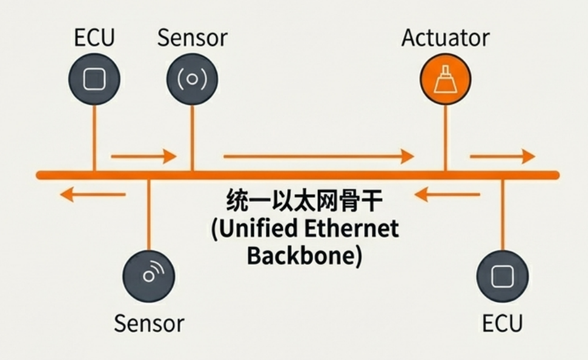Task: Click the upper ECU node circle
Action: (x=94, y=79)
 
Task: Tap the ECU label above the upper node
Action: (x=94, y=38)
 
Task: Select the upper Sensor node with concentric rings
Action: (x=192, y=79)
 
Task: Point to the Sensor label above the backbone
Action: (x=192, y=38)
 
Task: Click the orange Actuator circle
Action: (x=444, y=79)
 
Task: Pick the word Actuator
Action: (x=445, y=38)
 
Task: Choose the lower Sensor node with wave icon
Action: (x=148, y=276)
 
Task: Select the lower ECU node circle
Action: (x=503, y=276)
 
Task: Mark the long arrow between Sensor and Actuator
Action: (x=318, y=156)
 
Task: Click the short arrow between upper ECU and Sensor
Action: (x=143, y=156)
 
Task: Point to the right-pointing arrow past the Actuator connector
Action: (x=502, y=156)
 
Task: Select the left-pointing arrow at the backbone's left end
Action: (x=93, y=195)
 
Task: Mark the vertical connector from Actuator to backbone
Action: (x=445, y=136)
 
